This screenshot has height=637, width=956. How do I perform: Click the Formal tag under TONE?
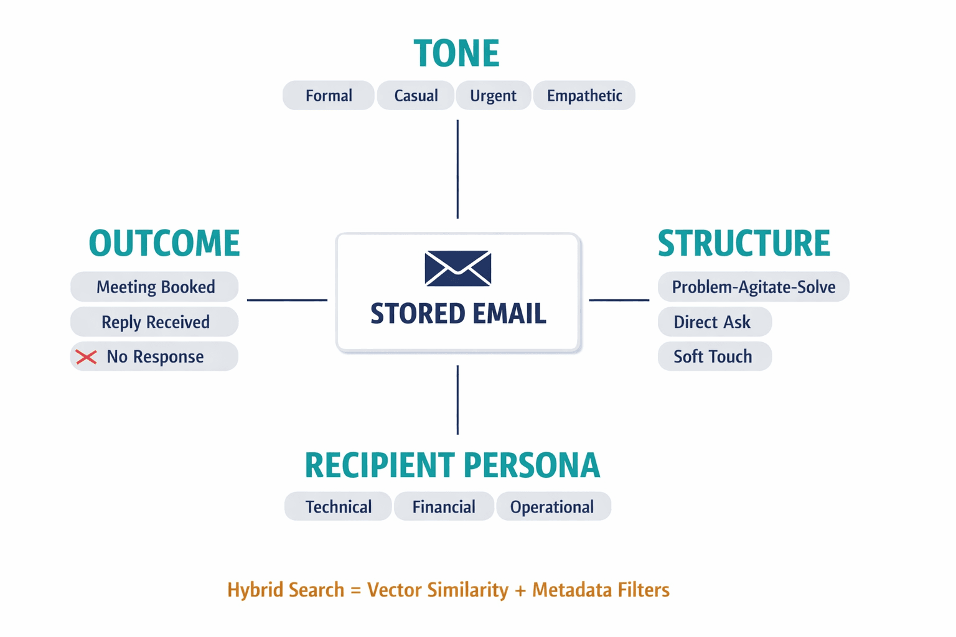[x=329, y=96]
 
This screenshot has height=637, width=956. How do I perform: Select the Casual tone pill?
[x=416, y=96]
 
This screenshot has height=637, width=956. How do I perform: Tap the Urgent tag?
[x=493, y=96]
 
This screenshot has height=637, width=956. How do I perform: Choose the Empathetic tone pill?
[x=584, y=96]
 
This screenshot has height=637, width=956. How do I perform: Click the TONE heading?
[x=456, y=53]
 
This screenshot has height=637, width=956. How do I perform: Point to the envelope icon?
[x=458, y=269]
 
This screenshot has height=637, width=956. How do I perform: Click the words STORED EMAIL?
[x=458, y=314]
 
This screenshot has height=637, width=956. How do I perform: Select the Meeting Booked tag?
[x=155, y=287]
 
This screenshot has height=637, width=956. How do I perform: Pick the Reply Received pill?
[x=155, y=322]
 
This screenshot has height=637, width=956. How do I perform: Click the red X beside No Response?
[x=87, y=357]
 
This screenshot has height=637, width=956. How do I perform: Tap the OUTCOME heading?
[x=164, y=243]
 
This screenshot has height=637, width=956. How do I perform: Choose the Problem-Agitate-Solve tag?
[x=753, y=287]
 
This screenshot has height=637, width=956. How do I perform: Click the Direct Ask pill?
[x=713, y=322]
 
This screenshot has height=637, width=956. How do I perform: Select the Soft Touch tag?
[x=713, y=356]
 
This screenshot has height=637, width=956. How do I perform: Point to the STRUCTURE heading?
[x=744, y=243]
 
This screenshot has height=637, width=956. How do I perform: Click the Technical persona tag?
[x=338, y=507]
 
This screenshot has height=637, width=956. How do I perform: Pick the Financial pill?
[x=444, y=507]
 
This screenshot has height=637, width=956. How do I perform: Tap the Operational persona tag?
[x=553, y=507]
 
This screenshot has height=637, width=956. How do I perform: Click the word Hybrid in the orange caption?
[x=255, y=590]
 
